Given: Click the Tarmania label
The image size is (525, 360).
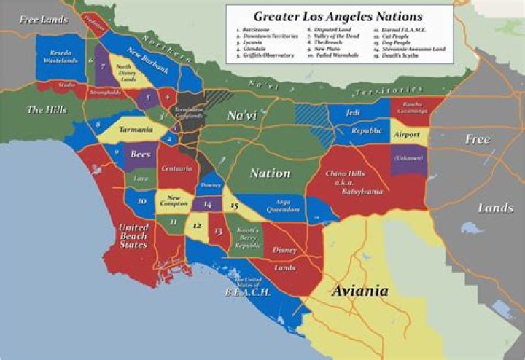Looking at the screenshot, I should (131, 130).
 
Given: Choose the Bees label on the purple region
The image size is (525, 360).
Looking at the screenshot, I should (140, 154).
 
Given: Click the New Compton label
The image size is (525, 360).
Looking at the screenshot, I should (175, 201).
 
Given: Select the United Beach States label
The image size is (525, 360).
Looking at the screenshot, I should (133, 236).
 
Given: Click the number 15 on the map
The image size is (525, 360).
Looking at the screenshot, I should (234, 206).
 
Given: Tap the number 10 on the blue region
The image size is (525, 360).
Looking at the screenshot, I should (142, 201).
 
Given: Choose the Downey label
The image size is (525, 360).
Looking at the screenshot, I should (210, 185).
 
